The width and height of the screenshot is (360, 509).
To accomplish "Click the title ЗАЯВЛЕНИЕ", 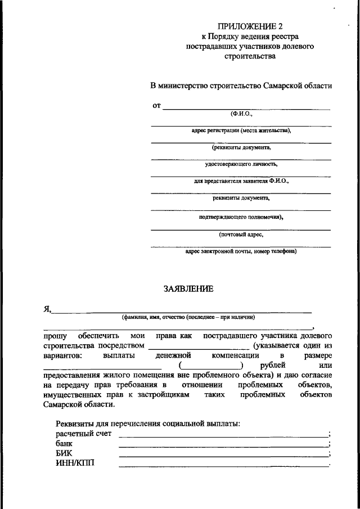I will [188, 289].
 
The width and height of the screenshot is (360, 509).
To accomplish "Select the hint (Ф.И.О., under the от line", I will [241, 114].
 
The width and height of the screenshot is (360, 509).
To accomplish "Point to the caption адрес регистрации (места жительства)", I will [241, 130].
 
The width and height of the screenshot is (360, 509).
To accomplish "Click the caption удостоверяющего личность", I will [241, 165].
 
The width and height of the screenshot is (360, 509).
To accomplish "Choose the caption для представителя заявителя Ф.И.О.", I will [241, 182].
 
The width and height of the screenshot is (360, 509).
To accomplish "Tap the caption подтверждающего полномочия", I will [241, 217].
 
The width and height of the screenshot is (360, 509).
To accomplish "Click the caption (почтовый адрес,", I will [241, 234].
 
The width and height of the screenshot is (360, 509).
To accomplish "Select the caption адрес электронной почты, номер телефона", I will [241, 251].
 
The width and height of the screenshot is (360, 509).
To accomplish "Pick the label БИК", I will [64, 453].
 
